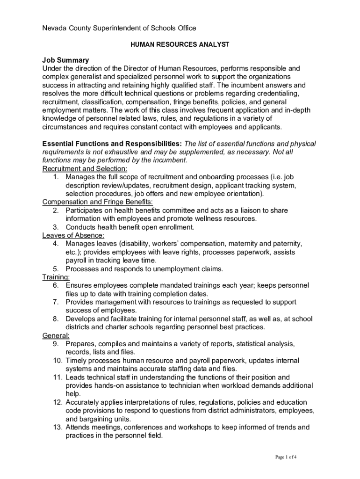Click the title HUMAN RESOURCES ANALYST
pos(180,44)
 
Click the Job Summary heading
pos(65,60)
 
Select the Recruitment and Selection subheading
pos(85,168)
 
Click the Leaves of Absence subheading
pos(73,235)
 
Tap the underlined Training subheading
pos(56,277)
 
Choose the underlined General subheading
pos(56,335)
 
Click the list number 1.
pos(56,177)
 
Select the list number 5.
pos(56,269)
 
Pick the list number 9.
pos(56,344)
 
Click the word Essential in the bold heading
pos(59,144)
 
